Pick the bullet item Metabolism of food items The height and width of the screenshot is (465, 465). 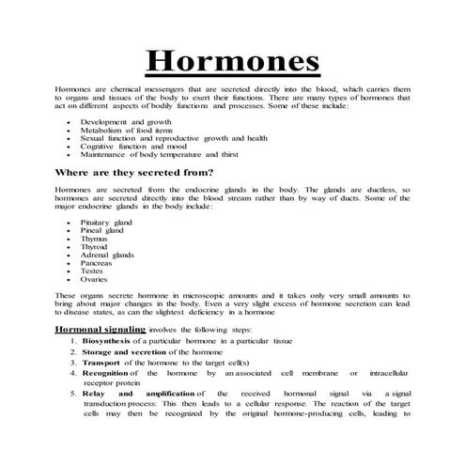129,130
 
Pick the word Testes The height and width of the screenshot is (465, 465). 93,271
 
